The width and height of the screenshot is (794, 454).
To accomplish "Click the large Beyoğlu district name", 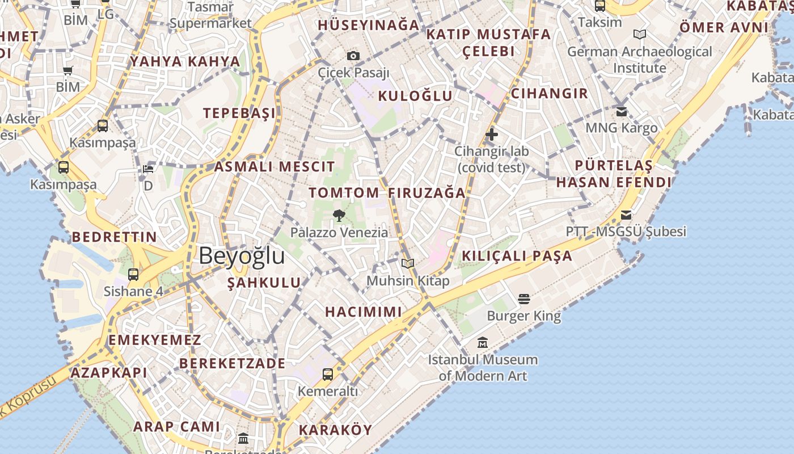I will tap(242, 256).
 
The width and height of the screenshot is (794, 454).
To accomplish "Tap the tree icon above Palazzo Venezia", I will tap(339, 215).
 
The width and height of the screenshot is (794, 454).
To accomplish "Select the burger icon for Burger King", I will tap(524, 299).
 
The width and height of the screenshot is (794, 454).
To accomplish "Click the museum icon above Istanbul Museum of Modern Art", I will tap(483, 342).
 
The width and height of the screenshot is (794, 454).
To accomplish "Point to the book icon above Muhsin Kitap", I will tap(408, 263).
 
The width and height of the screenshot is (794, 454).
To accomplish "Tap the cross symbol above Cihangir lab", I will tap(492, 134).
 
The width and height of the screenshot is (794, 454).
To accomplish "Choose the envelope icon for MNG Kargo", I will tap(622, 111).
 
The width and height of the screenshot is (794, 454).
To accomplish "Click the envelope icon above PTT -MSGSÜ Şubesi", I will tap(626, 215).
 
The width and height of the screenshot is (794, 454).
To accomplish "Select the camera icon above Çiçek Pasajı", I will tap(353, 56).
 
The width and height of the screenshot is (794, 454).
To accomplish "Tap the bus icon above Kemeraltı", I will tap(328, 374).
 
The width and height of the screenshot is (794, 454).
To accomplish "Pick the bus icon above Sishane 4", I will tap(133, 275).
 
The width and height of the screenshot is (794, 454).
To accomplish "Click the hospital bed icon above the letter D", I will tap(148, 169).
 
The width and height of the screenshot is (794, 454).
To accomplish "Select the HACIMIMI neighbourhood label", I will tap(364, 312).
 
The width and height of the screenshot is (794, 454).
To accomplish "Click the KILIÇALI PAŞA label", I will tap(517, 256).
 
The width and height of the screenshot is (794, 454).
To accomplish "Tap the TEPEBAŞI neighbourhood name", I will tap(240, 113).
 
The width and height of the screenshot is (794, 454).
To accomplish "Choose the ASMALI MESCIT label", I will tap(274, 167).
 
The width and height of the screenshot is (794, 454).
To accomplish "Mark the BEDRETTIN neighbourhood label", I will tap(115, 237).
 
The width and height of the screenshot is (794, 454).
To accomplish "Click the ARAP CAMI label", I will tap(176, 427).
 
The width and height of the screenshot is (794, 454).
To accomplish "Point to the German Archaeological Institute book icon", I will tap(640, 35).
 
